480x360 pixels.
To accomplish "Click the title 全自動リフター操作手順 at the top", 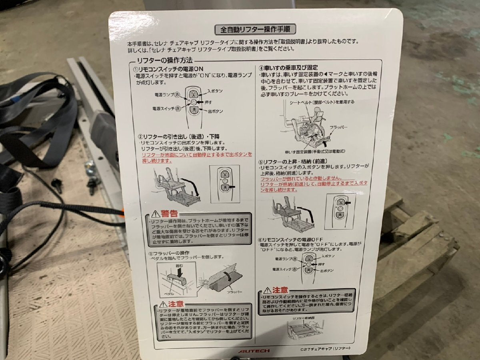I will [x=255, y=29].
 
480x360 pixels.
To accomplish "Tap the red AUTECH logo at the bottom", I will [x=254, y=351].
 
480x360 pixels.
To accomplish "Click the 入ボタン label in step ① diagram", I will [x=215, y=91].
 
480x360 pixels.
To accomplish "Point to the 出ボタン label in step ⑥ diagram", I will [x=327, y=271].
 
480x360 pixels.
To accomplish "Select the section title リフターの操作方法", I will [x=164, y=60].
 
